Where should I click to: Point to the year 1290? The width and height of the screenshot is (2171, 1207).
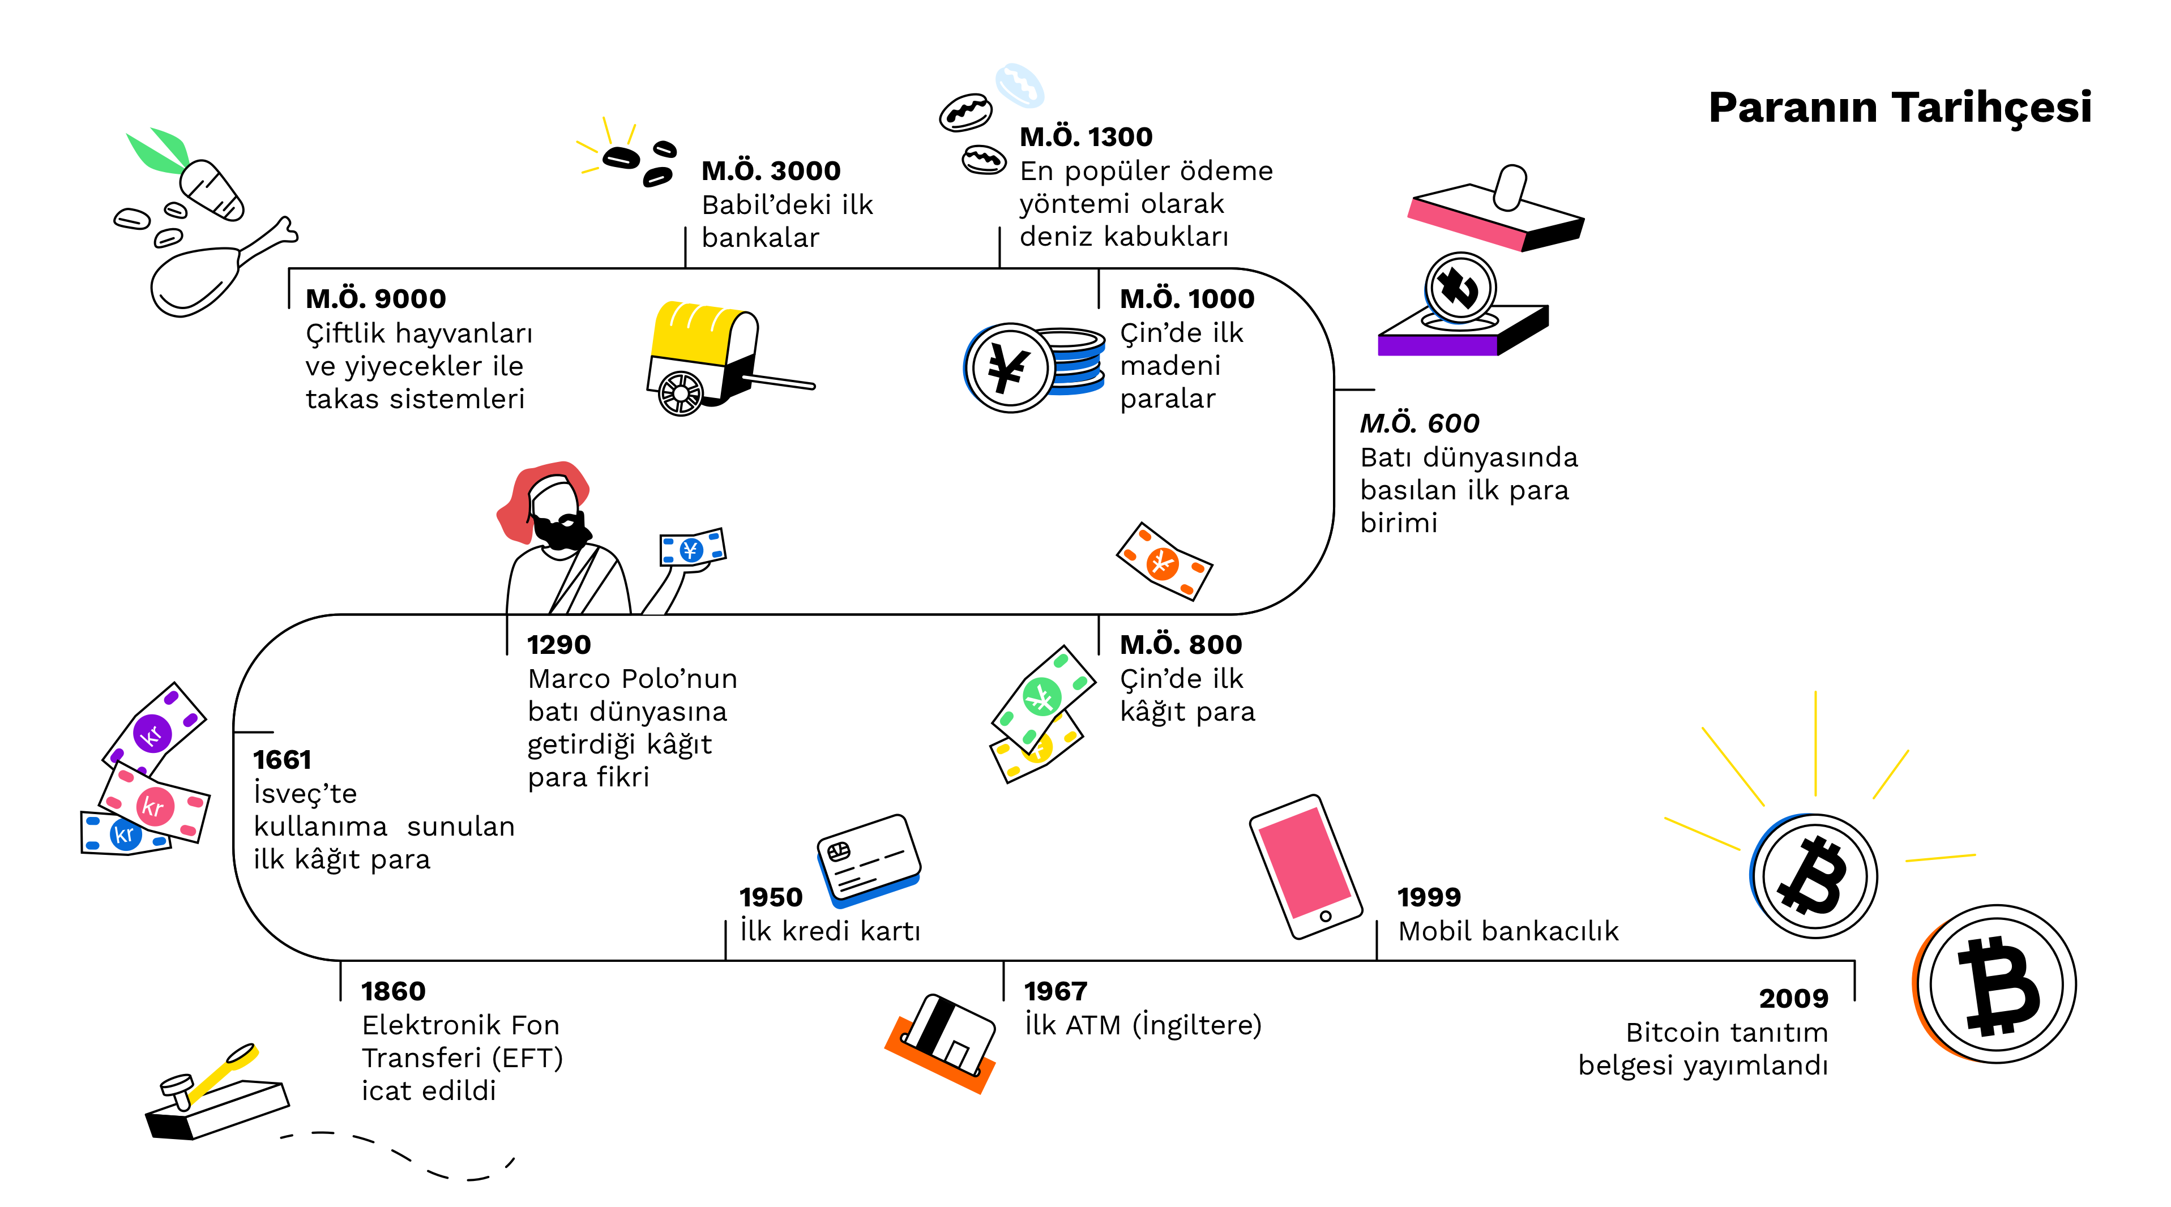[x=559, y=645]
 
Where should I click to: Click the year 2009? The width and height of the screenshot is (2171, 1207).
[x=1793, y=999]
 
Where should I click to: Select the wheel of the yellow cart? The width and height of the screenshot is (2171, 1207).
[x=680, y=393]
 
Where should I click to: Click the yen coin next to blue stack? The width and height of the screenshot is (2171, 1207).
[x=1009, y=367]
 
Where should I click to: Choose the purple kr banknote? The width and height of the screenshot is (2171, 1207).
[x=154, y=730]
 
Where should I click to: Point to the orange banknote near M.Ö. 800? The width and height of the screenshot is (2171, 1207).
[x=1164, y=562]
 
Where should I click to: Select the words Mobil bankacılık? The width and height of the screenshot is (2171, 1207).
[x=1508, y=931]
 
